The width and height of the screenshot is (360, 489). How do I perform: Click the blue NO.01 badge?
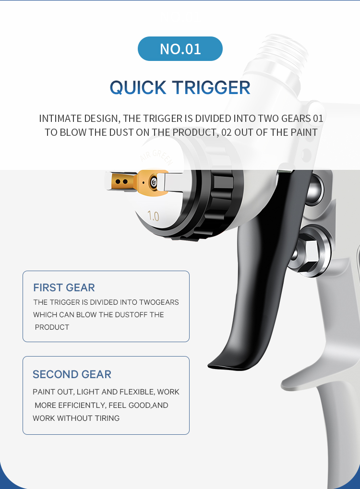(x=180, y=48)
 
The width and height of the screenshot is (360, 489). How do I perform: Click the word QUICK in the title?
(x=138, y=87)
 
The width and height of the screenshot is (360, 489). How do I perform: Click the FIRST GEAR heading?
(x=64, y=287)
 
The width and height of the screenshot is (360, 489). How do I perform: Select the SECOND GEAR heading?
(x=72, y=374)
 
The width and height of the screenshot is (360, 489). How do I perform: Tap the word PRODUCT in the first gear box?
(x=52, y=327)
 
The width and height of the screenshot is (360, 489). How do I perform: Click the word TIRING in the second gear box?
(x=107, y=418)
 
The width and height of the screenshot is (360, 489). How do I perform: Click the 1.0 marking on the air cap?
(x=153, y=216)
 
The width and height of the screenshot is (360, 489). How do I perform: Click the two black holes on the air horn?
(x=121, y=181)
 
